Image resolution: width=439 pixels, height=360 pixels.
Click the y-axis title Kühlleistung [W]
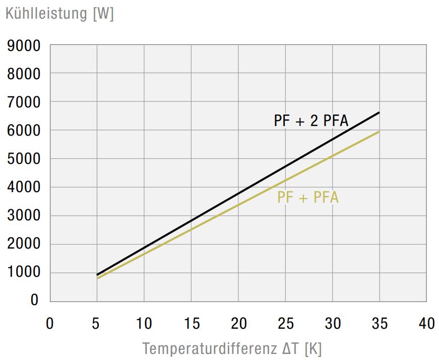(59, 14)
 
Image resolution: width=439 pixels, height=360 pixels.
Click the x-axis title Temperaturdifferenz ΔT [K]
(232, 348)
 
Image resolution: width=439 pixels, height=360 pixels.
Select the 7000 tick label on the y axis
(24, 103)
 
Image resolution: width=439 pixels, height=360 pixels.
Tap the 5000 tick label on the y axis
(24, 159)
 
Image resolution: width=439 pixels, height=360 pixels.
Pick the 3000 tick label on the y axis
(24, 216)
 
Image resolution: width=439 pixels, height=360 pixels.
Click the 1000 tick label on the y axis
(24, 273)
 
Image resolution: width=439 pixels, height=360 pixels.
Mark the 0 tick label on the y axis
(35, 301)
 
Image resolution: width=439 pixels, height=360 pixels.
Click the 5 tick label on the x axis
(97, 323)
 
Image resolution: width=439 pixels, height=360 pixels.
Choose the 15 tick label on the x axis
(191, 323)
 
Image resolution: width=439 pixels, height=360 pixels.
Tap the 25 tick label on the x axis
(286, 323)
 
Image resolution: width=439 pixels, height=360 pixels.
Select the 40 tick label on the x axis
(427, 323)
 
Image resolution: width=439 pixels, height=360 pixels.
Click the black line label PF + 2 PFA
(311, 121)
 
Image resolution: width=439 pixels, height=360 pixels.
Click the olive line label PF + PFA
(307, 198)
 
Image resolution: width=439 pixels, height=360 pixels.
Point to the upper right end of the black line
(379, 112)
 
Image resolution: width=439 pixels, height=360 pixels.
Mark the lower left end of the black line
(97, 275)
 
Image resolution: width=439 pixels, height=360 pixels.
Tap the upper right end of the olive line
(379, 132)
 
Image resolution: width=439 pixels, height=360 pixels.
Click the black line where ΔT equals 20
(238, 194)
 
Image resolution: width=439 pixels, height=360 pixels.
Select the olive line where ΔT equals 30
(333, 156)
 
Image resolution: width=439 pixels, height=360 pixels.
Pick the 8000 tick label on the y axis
(24, 75)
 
